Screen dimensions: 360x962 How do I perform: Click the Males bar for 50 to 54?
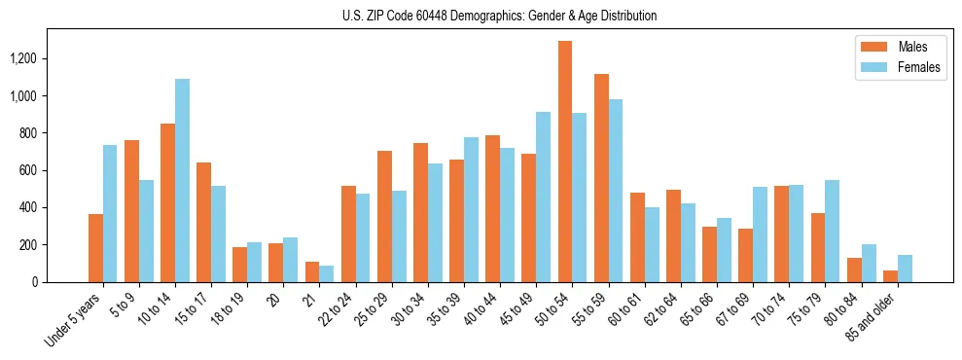pyautogui.click(x=565, y=162)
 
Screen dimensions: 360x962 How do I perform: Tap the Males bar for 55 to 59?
pyautogui.click(x=601, y=178)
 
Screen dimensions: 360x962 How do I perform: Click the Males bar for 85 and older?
pyautogui.click(x=890, y=275)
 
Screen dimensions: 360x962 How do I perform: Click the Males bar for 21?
pyautogui.click(x=312, y=271)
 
